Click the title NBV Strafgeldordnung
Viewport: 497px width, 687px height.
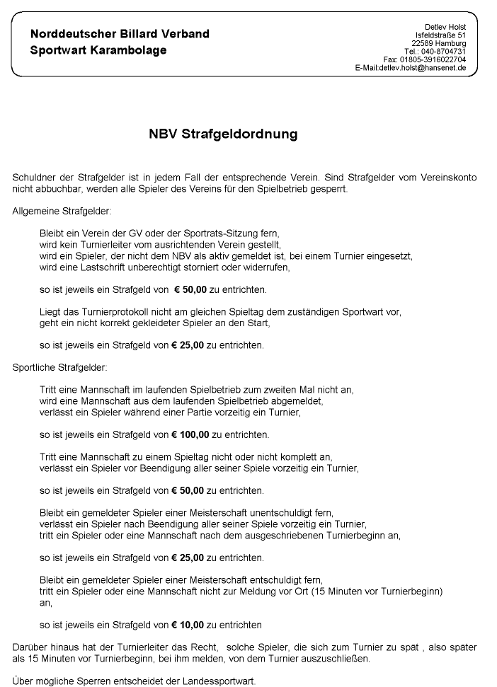[223, 134]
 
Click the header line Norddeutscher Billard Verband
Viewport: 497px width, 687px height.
[120, 34]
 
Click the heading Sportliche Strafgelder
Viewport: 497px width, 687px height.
[59, 367]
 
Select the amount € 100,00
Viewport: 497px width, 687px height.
[199, 434]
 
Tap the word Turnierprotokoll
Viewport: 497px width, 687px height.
[99, 312]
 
